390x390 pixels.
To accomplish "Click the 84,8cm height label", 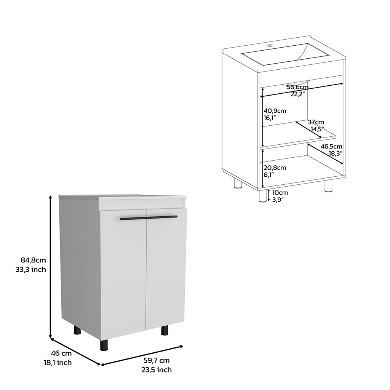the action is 34,260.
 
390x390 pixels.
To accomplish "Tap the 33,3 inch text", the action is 31,269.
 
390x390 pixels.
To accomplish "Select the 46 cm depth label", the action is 61,353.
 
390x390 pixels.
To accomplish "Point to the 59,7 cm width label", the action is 157,360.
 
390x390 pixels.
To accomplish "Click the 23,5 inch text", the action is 157,370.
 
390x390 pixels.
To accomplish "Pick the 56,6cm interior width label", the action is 298,87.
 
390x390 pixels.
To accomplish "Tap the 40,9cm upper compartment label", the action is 275,111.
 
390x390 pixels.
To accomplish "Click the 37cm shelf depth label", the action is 316,122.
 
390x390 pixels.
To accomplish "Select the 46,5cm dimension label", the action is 332,147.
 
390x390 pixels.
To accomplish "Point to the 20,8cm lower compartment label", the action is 275,168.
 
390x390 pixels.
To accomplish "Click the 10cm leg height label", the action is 280,192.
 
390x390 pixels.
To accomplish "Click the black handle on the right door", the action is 163,217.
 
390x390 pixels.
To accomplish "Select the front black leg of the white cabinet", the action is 104,345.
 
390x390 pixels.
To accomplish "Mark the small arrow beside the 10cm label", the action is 269,195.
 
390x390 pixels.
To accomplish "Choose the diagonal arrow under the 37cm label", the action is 308,129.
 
